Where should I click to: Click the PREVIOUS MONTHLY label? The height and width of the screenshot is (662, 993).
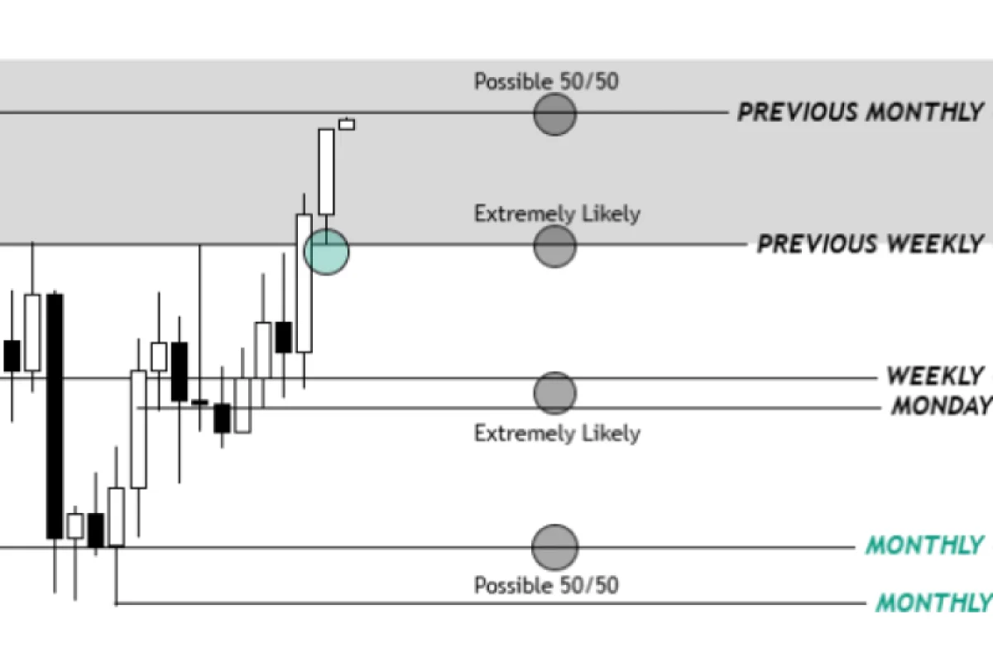coord(861,112)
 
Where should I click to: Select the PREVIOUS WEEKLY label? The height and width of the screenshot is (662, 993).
coord(871,244)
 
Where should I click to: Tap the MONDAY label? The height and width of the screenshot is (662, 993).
coord(941,406)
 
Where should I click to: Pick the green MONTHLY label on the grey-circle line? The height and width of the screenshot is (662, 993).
coord(923,546)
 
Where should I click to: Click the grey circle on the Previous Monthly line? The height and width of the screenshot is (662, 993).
coord(554,113)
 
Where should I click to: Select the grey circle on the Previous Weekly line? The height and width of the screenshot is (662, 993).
coord(554,246)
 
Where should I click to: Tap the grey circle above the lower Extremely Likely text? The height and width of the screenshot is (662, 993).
coord(554,393)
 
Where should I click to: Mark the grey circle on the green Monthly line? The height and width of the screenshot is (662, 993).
coord(554,546)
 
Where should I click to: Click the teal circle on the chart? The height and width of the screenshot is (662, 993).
coord(326,252)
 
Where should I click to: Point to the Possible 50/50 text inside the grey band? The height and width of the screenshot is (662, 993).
coord(546,81)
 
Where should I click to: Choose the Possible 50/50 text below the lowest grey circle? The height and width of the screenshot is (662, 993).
coord(546,586)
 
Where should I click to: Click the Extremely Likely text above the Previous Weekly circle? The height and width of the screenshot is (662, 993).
coord(557,213)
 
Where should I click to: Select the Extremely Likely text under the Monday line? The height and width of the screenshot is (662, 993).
coord(557,433)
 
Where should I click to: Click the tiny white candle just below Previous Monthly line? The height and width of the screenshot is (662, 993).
coord(347,125)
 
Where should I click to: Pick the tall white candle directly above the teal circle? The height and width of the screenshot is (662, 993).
coord(326,171)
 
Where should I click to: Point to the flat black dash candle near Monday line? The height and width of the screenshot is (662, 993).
coord(199,402)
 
